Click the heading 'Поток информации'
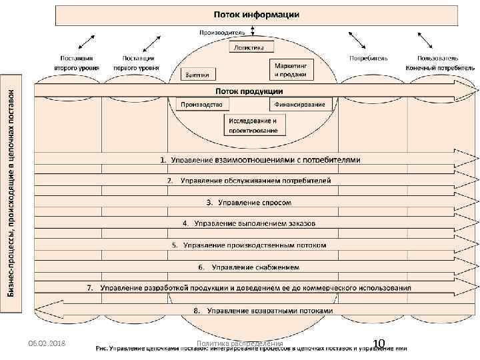(256, 14)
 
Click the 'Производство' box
(203, 105)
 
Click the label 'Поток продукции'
(248, 91)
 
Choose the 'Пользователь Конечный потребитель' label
(440, 63)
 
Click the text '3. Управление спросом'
(248, 202)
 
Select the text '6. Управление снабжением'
(248, 267)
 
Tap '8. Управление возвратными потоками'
(262, 311)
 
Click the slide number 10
(379, 343)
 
